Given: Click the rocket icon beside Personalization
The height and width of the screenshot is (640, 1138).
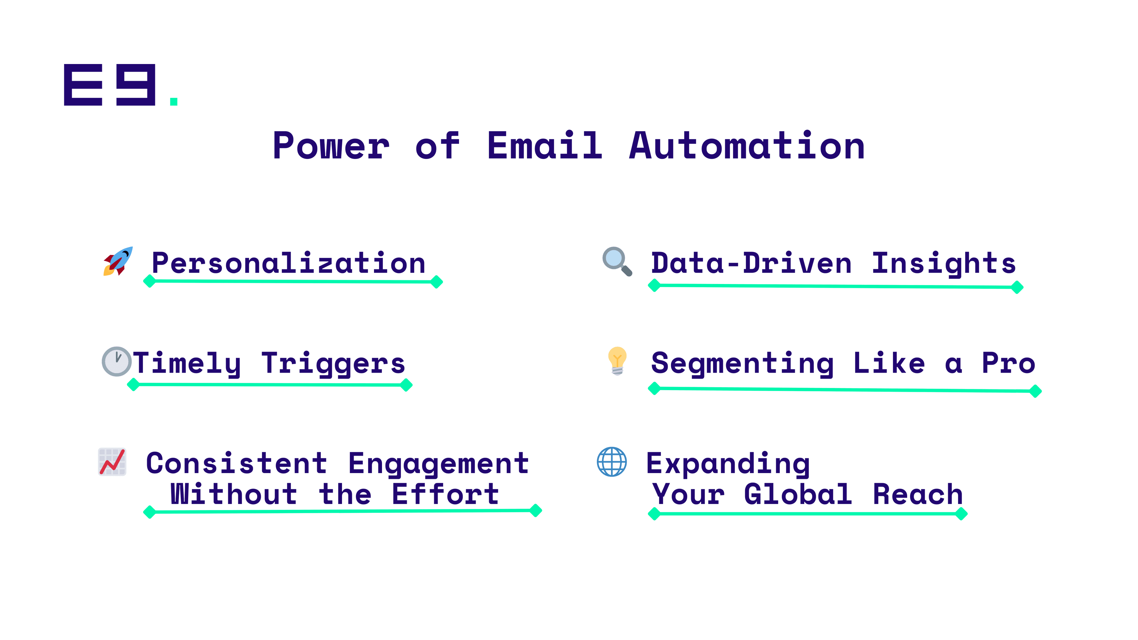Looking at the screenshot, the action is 118,261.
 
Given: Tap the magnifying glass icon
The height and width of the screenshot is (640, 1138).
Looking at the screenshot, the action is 617,261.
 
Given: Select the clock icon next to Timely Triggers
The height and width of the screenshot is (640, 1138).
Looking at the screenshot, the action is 117,362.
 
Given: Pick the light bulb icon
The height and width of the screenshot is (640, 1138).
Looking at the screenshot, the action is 617,361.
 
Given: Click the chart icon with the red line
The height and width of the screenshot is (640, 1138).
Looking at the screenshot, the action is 112,462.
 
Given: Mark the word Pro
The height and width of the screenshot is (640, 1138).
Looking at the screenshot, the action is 1008,363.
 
